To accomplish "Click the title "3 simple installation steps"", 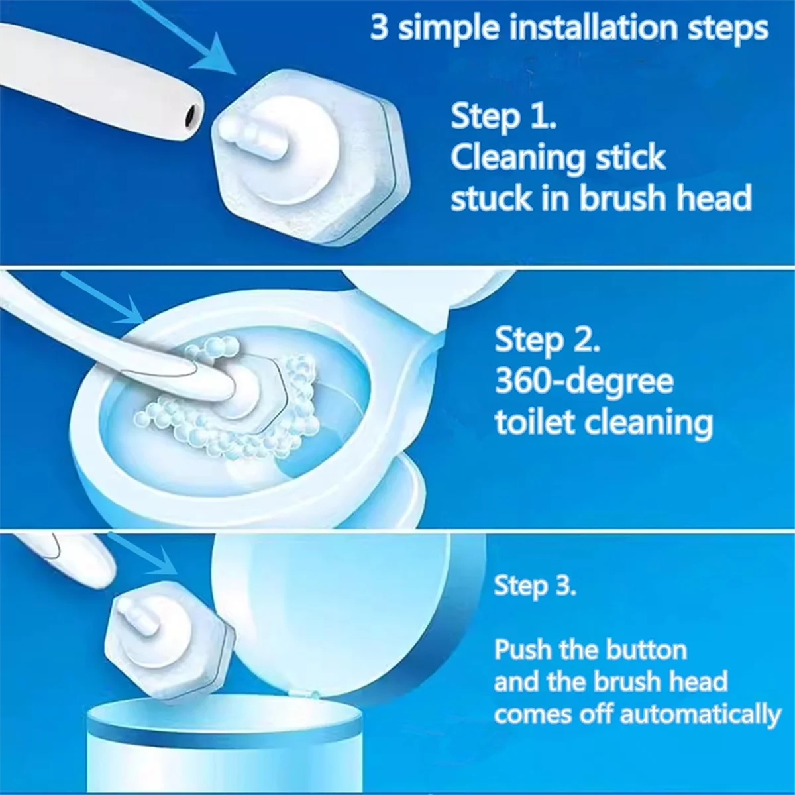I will click(568, 29).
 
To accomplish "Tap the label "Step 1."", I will click(503, 117).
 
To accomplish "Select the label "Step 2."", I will click(547, 340).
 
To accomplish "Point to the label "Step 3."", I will click(535, 586).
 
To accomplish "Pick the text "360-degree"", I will click(584, 382).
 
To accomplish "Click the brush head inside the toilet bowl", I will click(248, 391).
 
